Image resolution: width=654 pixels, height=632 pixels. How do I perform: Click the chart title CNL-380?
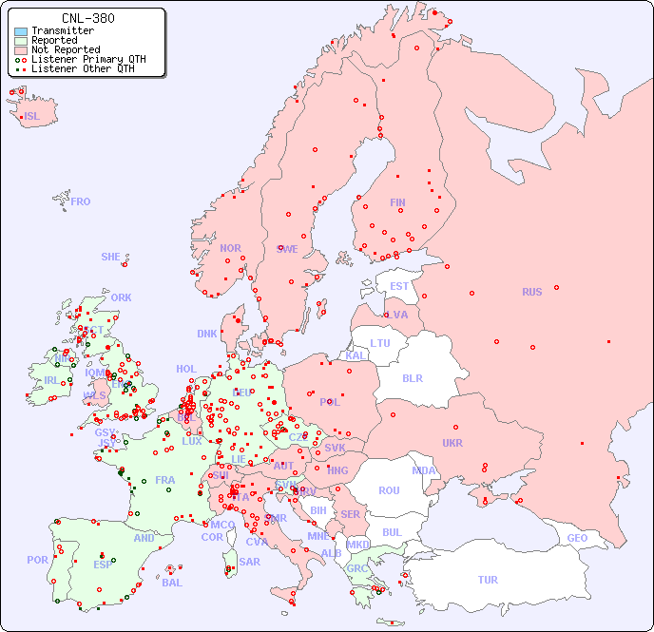pyautogui.click(x=87, y=18)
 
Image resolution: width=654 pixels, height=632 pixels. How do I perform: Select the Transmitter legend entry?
pyautogui.click(x=63, y=31)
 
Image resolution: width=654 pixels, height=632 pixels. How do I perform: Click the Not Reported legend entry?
pyautogui.click(x=66, y=50)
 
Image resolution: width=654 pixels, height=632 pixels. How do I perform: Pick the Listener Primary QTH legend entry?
pyautogui.click(x=88, y=60)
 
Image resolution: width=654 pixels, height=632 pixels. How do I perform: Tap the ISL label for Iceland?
pyautogui.click(x=32, y=117)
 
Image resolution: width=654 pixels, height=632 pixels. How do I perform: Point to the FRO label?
pyautogui.click(x=81, y=201)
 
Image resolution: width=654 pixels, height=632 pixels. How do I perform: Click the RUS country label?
pyautogui.click(x=531, y=292)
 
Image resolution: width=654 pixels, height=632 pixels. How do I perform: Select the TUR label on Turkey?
pyautogui.click(x=488, y=580)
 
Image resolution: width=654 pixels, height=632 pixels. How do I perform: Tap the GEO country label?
pyautogui.click(x=577, y=538)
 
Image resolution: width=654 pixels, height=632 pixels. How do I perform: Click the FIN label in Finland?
pyautogui.click(x=397, y=202)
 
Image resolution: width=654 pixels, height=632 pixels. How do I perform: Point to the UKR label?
pyautogui.click(x=452, y=443)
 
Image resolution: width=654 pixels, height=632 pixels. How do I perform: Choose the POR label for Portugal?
pyautogui.click(x=37, y=560)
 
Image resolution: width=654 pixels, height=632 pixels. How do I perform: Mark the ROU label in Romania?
pyautogui.click(x=389, y=490)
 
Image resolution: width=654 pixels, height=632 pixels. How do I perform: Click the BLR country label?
pyautogui.click(x=413, y=377)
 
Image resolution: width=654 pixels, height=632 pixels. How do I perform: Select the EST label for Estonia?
pyautogui.click(x=399, y=286)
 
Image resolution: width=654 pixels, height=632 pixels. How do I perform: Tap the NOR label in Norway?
pyautogui.click(x=230, y=248)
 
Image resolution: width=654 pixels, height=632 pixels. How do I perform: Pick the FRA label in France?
pyautogui.click(x=165, y=480)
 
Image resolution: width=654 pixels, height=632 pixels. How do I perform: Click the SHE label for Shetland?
pyautogui.click(x=111, y=257)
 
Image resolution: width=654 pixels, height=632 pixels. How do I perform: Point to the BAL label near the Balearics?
pyautogui.click(x=172, y=583)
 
